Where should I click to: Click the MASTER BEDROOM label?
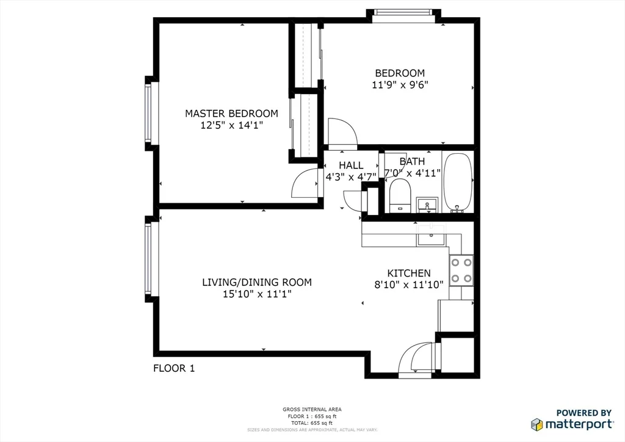(231, 114)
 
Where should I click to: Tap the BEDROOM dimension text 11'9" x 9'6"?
(400, 85)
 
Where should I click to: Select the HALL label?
(351, 165)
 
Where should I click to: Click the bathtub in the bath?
(457, 182)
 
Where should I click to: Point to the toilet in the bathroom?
(401, 194)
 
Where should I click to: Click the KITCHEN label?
(409, 274)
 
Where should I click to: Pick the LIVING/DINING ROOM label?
(257, 282)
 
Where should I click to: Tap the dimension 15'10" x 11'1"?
(257, 294)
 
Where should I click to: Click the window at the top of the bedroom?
(403, 15)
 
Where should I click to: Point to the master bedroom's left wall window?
(148, 112)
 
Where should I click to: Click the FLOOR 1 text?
(173, 368)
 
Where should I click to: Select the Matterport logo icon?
(538, 424)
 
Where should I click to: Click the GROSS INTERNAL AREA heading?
(312, 409)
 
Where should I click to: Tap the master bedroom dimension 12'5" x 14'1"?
(231, 125)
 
